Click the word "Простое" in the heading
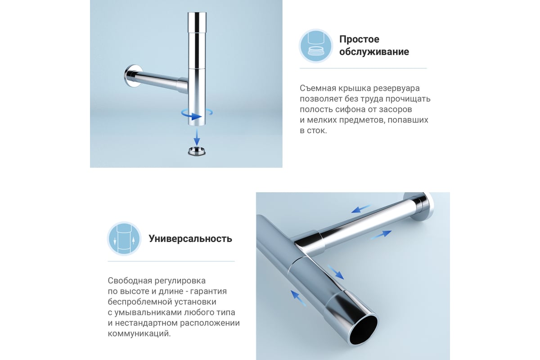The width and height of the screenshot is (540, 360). [359, 39]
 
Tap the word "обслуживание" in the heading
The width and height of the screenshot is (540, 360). [374, 52]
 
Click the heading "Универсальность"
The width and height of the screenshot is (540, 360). [190, 238]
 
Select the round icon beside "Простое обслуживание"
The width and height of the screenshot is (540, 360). [316, 46]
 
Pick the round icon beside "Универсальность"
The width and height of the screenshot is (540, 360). [124, 238]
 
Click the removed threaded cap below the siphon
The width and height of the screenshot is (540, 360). [197, 151]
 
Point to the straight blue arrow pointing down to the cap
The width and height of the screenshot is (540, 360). [197, 137]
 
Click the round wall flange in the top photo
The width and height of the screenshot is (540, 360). [132, 76]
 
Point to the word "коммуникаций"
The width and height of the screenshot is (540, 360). [139, 334]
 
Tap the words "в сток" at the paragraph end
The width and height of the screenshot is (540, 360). [313, 130]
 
